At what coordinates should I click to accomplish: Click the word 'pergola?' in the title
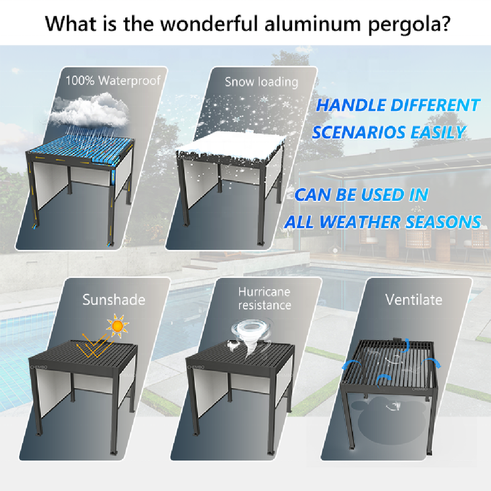(x=409, y=24)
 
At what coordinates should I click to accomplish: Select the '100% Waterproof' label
(x=113, y=81)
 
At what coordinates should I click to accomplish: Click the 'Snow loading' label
(x=261, y=82)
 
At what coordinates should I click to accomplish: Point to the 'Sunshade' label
(x=114, y=300)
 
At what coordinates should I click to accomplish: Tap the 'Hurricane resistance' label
(x=265, y=298)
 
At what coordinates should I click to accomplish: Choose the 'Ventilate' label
(x=414, y=300)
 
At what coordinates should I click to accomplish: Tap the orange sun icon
(x=117, y=326)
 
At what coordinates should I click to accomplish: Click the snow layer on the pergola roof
(x=230, y=145)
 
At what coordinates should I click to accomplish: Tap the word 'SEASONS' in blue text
(x=443, y=222)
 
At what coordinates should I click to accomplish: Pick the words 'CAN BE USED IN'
(x=361, y=195)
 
